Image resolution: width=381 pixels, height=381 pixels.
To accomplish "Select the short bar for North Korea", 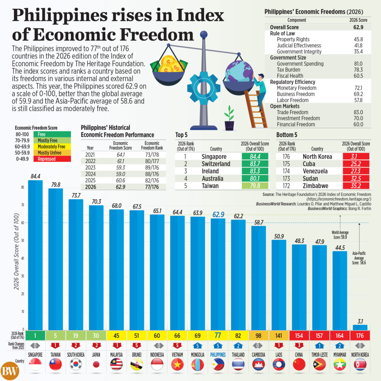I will click(x=360, y=327).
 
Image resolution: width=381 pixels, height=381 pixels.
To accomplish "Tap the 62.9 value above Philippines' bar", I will click(x=218, y=215).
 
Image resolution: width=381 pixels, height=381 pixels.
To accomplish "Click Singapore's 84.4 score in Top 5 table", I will click(x=254, y=157).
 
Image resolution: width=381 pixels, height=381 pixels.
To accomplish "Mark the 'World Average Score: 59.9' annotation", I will click(x=339, y=234).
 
